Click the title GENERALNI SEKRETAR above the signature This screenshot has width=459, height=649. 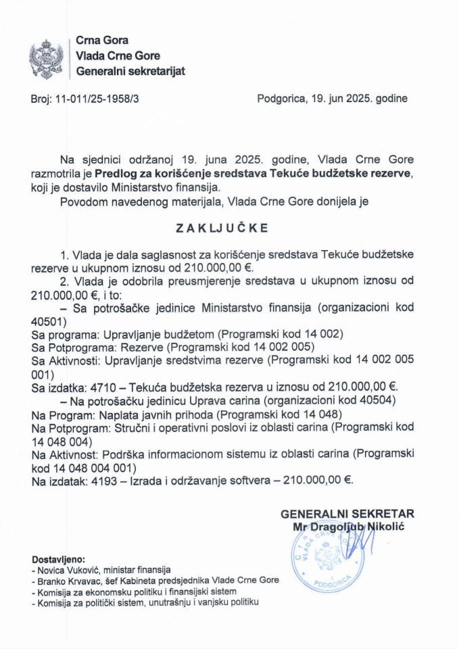coord(347,514)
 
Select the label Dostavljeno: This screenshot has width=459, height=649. coord(59,559)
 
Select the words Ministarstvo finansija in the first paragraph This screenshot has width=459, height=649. coord(195,187)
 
